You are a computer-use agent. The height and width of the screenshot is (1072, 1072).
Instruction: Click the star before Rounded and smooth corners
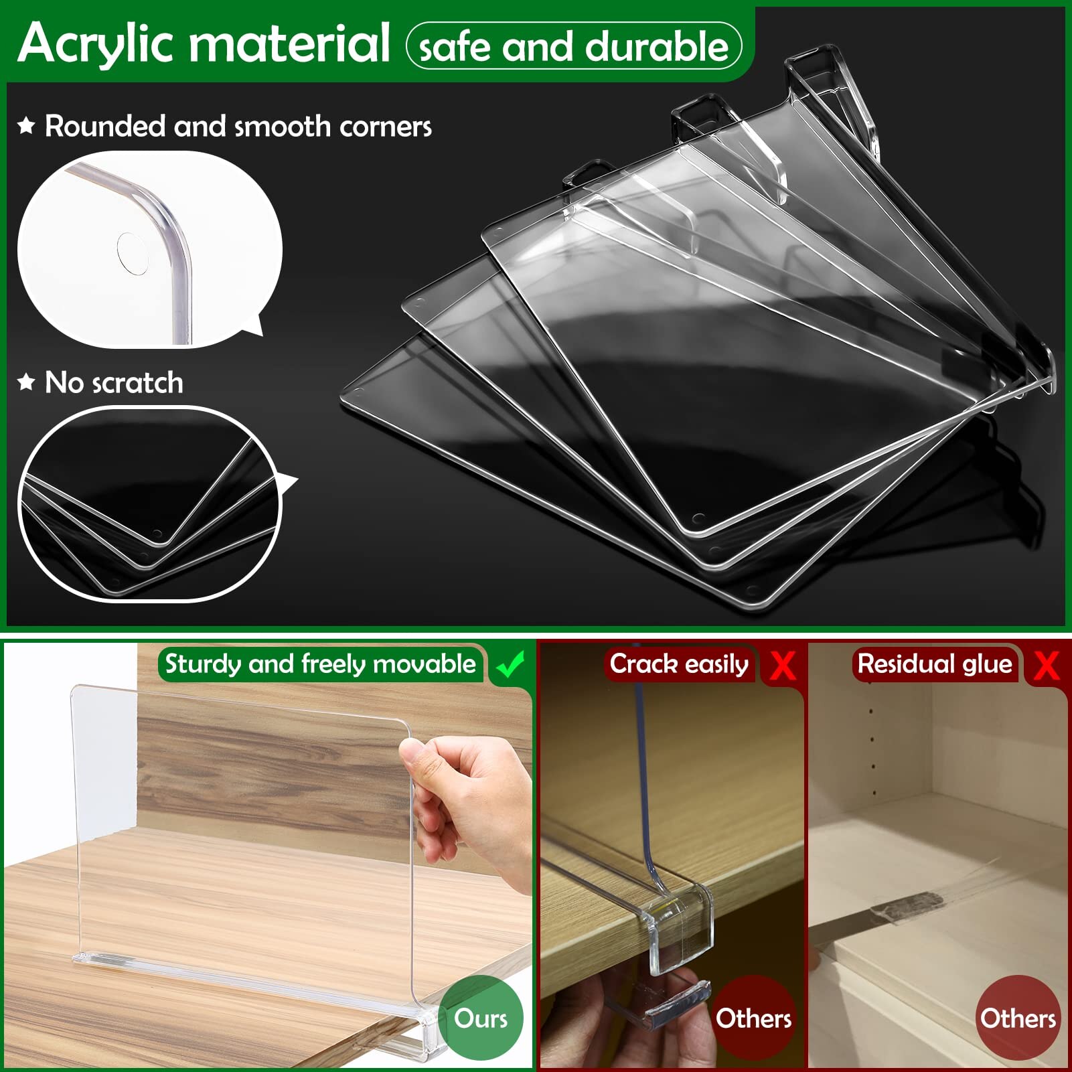coord(26,125)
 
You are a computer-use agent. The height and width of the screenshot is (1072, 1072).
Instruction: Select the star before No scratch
coord(26,382)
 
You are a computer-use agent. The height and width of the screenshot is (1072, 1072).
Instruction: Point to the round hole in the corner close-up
coord(133,253)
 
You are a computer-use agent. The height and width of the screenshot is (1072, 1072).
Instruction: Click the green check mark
coord(511,665)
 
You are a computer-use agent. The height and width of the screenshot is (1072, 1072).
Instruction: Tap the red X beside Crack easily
coord(782,665)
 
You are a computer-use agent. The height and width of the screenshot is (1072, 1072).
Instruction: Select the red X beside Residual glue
coord(1046,665)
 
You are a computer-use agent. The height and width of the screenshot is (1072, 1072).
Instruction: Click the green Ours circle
coord(480,1018)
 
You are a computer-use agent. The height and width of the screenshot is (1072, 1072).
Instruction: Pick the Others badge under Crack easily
coord(753,1018)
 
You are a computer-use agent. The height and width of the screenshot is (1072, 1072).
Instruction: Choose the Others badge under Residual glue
coord(1018,1018)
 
